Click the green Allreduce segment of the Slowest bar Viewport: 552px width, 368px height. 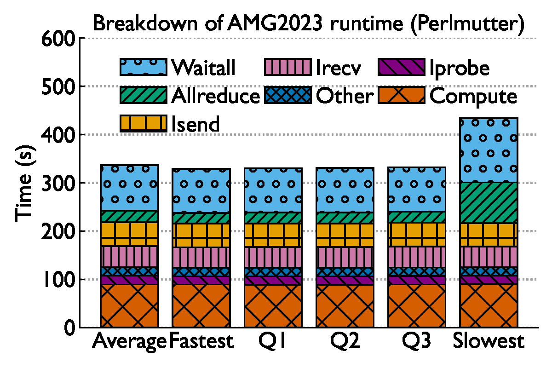point(489,203)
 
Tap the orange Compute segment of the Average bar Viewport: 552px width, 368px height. point(129,306)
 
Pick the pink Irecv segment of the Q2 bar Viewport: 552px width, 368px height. point(345,257)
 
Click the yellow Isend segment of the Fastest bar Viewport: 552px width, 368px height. point(201,235)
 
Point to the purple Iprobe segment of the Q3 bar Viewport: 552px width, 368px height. point(417,280)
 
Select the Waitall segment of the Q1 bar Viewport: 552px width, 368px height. point(273,190)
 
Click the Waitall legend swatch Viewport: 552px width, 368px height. point(143,67)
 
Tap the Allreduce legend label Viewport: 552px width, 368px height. point(215,96)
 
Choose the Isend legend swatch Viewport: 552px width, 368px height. point(143,124)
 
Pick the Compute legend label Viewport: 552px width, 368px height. point(473,97)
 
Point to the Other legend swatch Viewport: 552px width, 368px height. point(288,96)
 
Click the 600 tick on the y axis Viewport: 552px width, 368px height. point(57,39)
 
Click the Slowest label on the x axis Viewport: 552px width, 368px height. point(489,342)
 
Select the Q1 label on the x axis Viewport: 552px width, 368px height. point(273,342)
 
